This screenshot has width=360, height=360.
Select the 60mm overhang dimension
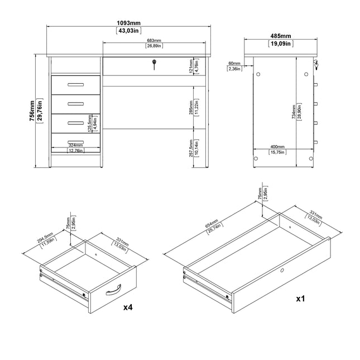coord(234,64)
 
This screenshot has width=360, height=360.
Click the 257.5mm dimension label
coord(191,148)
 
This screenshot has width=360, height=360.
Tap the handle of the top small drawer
coord(74,85)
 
